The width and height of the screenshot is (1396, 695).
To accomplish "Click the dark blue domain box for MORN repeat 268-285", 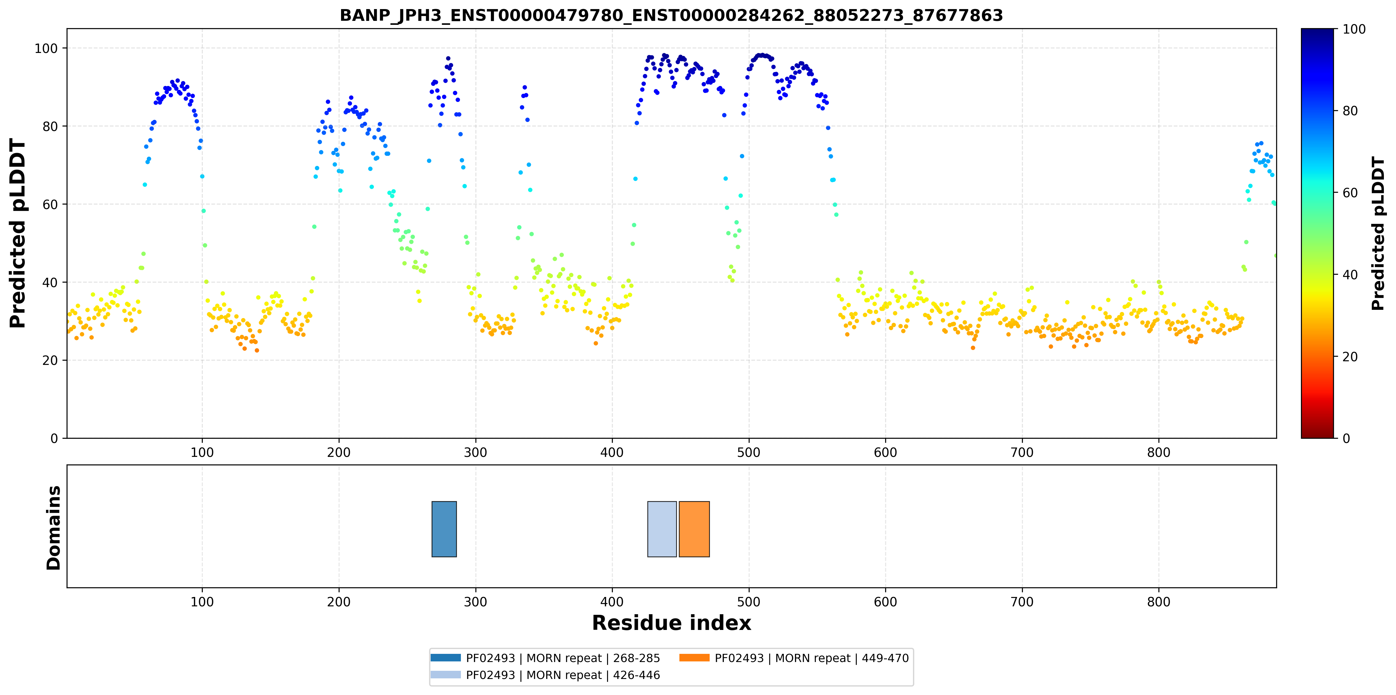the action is pos(444,529).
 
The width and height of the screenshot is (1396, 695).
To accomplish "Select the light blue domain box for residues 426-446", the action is pos(662,529).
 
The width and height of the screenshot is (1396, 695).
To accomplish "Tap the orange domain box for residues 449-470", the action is pos(694,529).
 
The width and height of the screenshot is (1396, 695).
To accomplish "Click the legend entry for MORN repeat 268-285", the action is pos(545,658).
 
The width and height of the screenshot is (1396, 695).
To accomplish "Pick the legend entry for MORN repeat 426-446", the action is pos(545,675).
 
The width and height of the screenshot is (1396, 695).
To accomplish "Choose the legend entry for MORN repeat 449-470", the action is pos(794,658).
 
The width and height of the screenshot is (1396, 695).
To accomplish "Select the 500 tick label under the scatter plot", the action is pos(749,452).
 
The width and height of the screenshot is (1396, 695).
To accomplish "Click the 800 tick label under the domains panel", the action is pos(1159,602).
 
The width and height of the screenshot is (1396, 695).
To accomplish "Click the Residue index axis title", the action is pos(672,623).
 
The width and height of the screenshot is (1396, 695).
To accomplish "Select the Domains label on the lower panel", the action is pos(54,528).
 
